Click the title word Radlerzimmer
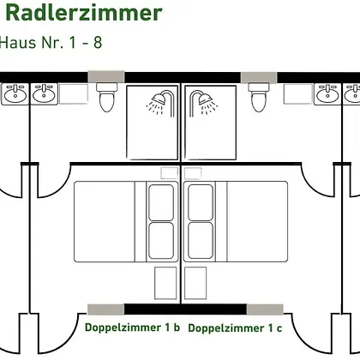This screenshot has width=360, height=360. coord(84,13)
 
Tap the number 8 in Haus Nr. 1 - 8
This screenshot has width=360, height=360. coord(98,43)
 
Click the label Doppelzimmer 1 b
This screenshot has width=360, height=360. coord(132,327)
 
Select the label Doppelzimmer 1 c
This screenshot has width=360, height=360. coord(235,328)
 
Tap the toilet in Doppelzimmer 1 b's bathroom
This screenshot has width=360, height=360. coord(107,97)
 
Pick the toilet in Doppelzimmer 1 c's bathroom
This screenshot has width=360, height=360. coord(259,97)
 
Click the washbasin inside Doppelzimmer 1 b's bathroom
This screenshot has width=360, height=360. coord(44,93)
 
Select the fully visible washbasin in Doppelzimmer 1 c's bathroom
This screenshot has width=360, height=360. coord(327,93)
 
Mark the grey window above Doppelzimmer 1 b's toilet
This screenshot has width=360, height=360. coord(106,77)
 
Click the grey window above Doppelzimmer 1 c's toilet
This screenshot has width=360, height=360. coord(259,77)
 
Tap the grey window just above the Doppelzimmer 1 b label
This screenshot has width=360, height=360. coord(105,309)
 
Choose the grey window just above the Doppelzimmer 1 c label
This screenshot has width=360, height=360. coord(265,309)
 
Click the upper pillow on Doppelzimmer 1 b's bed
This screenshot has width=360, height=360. coord(161,202)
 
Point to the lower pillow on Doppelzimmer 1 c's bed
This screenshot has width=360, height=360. coord(201,241)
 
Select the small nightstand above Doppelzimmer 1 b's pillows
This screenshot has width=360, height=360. coord(169,173)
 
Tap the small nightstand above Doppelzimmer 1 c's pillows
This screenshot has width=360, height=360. coord(193,173)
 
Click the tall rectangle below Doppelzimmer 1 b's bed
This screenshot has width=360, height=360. coord(165,283)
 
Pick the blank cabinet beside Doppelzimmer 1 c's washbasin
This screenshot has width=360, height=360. coord(298,94)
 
